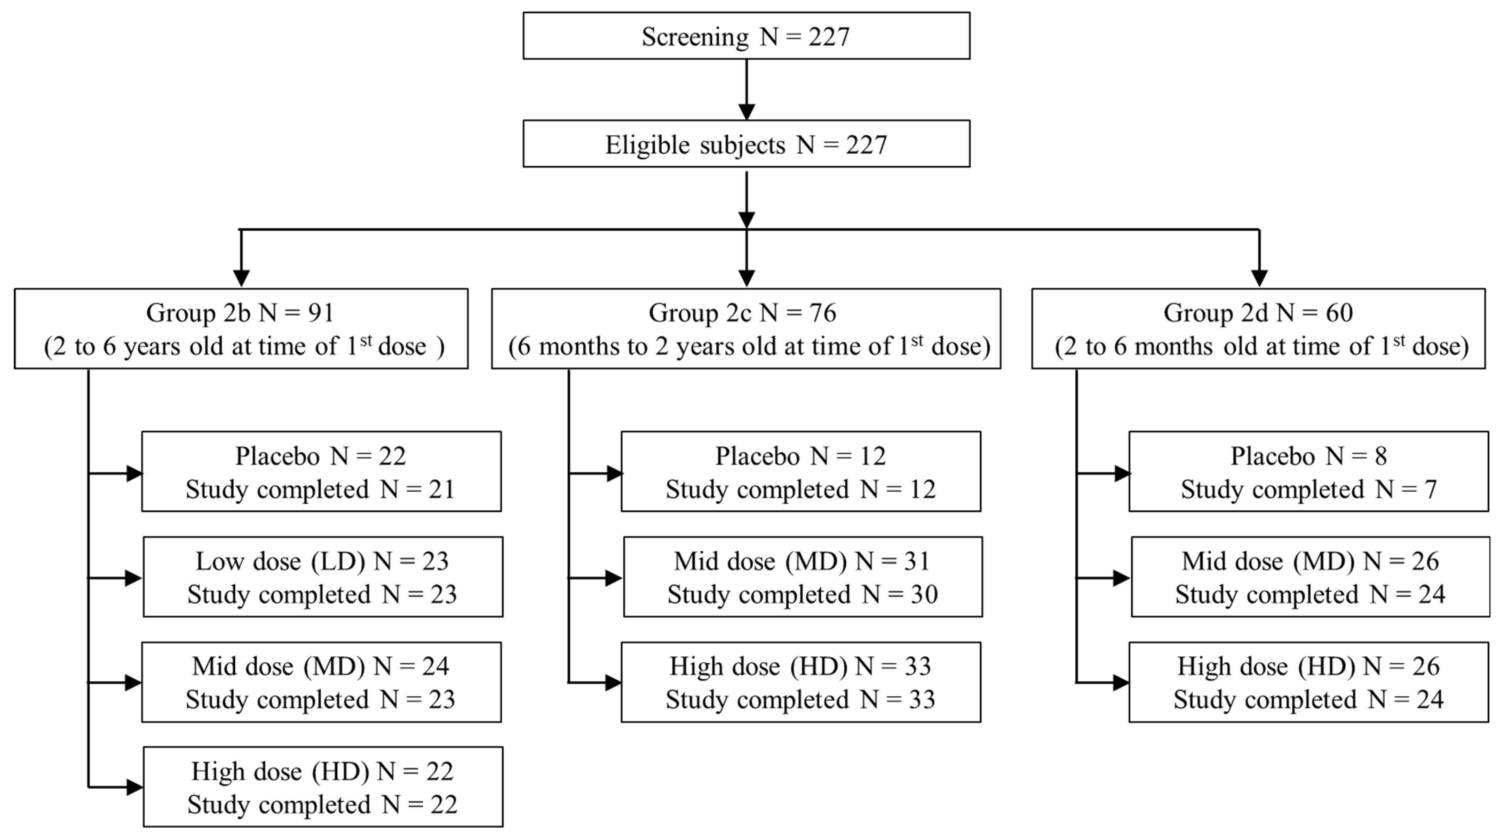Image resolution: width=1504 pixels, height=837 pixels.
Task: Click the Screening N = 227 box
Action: [x=746, y=36]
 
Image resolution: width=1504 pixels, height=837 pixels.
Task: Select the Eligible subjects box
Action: [x=746, y=144]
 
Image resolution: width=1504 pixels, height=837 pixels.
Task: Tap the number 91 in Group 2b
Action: [x=321, y=313]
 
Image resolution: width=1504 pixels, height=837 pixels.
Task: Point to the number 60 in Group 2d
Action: [x=1339, y=313]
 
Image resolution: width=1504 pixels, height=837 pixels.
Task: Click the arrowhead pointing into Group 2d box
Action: [x=1259, y=278]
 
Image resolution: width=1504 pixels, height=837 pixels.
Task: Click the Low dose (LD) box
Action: [x=322, y=577]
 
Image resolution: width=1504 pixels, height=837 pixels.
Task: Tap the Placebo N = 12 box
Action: [x=800, y=472]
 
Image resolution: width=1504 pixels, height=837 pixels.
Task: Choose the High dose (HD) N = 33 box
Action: [x=800, y=682]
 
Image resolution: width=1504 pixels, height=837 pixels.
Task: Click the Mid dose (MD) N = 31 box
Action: [x=802, y=577]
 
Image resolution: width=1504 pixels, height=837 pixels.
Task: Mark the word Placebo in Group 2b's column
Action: [x=277, y=456]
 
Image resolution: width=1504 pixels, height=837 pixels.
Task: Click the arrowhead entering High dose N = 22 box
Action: [x=134, y=787]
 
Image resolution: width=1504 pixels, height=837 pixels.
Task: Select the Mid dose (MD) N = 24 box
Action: [x=321, y=682]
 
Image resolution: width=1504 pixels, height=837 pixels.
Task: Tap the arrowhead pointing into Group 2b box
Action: [x=241, y=278]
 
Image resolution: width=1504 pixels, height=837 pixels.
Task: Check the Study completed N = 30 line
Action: [x=802, y=595]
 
